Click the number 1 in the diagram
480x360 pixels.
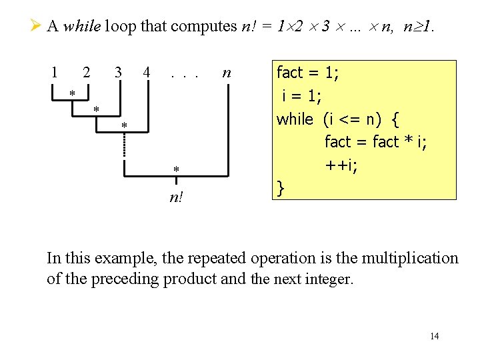(55, 71)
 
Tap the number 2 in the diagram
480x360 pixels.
(86, 71)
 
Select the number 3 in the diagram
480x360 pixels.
(118, 71)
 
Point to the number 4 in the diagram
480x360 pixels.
(146, 71)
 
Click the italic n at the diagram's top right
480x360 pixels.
(227, 72)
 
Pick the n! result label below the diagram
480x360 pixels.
(177, 198)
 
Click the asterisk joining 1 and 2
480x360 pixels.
(72, 93)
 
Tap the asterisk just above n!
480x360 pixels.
(176, 171)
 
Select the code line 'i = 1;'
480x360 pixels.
(302, 95)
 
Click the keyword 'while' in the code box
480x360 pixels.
(295, 119)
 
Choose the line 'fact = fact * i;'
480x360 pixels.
(375, 142)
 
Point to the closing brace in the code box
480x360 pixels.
(281, 189)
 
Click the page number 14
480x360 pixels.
(434, 336)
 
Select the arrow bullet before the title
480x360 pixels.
(37, 26)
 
